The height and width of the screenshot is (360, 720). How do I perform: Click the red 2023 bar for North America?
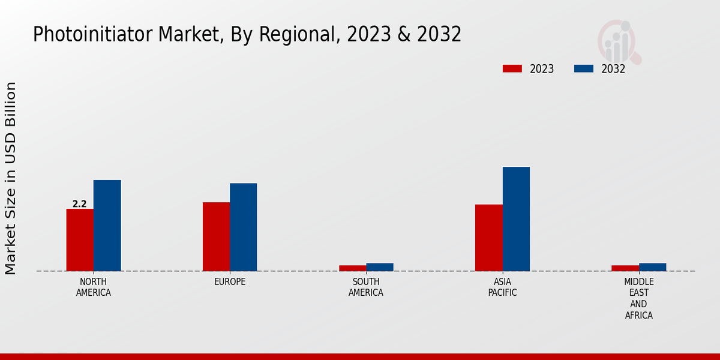80,240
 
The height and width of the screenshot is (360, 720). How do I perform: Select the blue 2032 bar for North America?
107,226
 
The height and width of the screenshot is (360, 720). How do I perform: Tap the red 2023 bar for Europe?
216,236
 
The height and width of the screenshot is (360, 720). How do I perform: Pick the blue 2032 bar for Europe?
243,227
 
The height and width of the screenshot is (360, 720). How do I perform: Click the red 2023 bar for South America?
352,268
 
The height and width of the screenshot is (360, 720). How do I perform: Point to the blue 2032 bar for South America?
380,267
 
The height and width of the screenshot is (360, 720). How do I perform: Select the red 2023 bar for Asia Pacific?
488,238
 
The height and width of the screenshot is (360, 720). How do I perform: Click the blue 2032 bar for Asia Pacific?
516,219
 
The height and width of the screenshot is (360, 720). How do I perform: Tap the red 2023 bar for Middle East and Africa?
625,268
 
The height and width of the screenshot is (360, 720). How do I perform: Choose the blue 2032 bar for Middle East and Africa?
652,267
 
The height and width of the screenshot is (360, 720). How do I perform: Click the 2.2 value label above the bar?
80,204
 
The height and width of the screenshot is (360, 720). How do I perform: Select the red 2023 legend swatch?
512,68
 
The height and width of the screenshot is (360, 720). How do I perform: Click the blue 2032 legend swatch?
583,68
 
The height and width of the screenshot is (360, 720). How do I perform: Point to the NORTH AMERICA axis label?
94,287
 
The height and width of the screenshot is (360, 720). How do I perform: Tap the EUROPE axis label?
230,282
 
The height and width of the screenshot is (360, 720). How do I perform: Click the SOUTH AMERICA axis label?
366,287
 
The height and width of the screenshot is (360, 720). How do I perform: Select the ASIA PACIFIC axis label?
502,287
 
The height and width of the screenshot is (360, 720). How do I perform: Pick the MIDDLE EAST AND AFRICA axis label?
639,298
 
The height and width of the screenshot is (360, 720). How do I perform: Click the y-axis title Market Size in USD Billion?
11,178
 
